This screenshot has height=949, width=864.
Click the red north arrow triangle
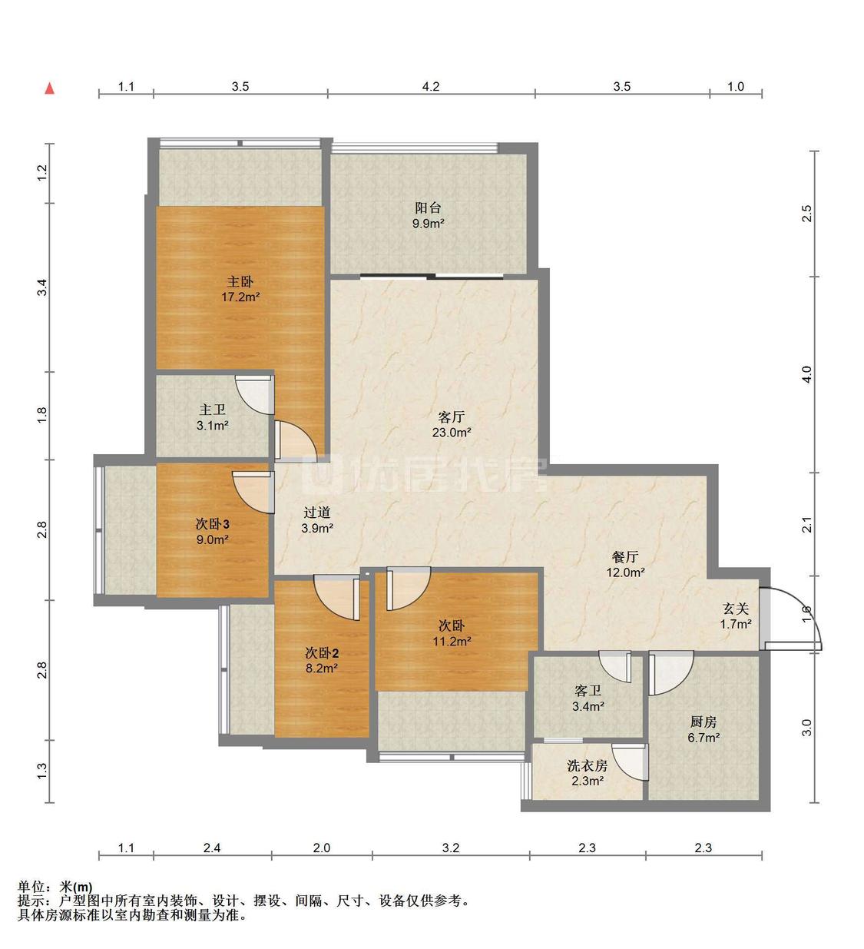tap(49, 88)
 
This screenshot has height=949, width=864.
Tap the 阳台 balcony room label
tap(428, 207)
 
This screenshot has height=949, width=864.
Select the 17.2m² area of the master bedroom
tap(240, 297)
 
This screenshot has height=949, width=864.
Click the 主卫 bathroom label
tap(212, 410)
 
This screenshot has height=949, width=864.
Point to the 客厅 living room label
tap(451, 416)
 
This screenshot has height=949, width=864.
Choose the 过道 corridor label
tap(317, 513)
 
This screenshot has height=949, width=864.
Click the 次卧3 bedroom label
tap(212, 524)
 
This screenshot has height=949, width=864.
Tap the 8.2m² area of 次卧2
tap(321, 668)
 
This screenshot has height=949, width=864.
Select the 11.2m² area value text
tap(452, 641)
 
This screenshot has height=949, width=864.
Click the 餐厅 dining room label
tap(625, 557)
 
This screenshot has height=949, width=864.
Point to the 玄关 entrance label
tap(736, 609)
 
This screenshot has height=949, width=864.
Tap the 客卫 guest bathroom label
tap(588, 691)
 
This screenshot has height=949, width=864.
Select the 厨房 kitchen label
tap(703, 722)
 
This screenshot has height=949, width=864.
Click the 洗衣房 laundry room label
tap(587, 765)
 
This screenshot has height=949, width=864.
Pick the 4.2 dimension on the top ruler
tap(430, 87)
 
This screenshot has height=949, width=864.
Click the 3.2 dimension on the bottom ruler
tap(451, 848)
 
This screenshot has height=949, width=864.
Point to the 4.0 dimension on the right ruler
tap(807, 374)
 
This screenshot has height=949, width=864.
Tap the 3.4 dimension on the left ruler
tap(42, 287)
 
